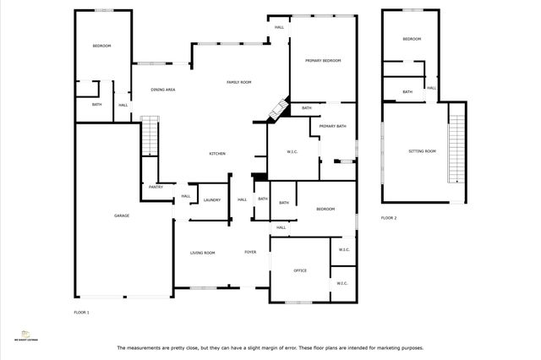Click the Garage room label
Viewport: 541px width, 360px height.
tap(122, 216)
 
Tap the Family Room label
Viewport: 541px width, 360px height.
tap(240, 82)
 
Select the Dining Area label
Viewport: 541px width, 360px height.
tap(163, 90)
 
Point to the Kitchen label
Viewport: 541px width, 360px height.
tap(217, 153)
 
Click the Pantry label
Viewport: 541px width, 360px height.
tap(156, 187)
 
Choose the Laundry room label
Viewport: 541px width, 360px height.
tap(212, 200)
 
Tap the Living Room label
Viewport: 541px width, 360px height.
tap(202, 253)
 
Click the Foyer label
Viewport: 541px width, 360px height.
tap(250, 253)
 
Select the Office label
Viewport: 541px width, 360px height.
tap(299, 270)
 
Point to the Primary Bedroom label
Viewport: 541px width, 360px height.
tap(324, 61)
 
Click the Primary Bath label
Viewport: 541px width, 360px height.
tap(333, 126)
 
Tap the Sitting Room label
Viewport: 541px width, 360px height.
tap(422, 151)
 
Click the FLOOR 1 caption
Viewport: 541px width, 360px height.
tap(82, 313)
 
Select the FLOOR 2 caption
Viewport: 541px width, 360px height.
tap(388, 218)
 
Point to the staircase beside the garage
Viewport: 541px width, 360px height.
tap(149, 136)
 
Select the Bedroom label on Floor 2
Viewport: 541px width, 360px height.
tap(412, 40)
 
